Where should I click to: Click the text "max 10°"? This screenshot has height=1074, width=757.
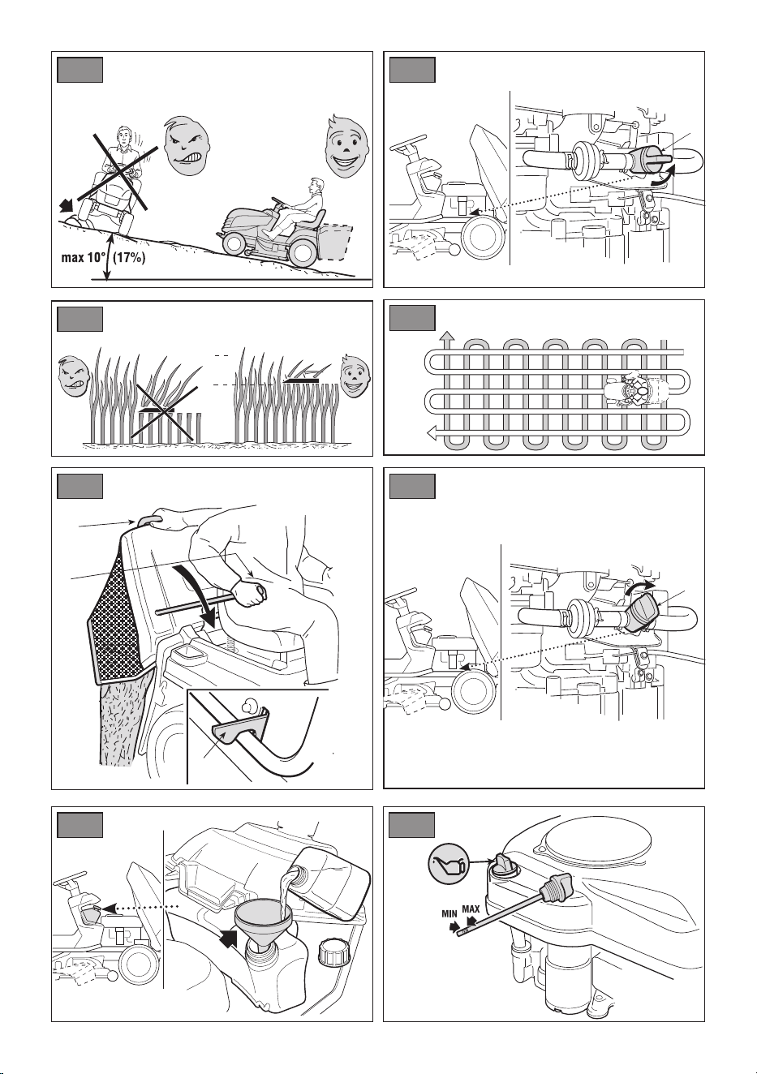coord(82,258)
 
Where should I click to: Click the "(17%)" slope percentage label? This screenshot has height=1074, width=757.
coord(129,258)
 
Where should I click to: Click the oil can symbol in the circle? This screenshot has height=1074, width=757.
coord(445,865)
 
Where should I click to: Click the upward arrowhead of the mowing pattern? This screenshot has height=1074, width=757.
coord(447,336)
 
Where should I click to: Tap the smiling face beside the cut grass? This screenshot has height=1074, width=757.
coord(353,375)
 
